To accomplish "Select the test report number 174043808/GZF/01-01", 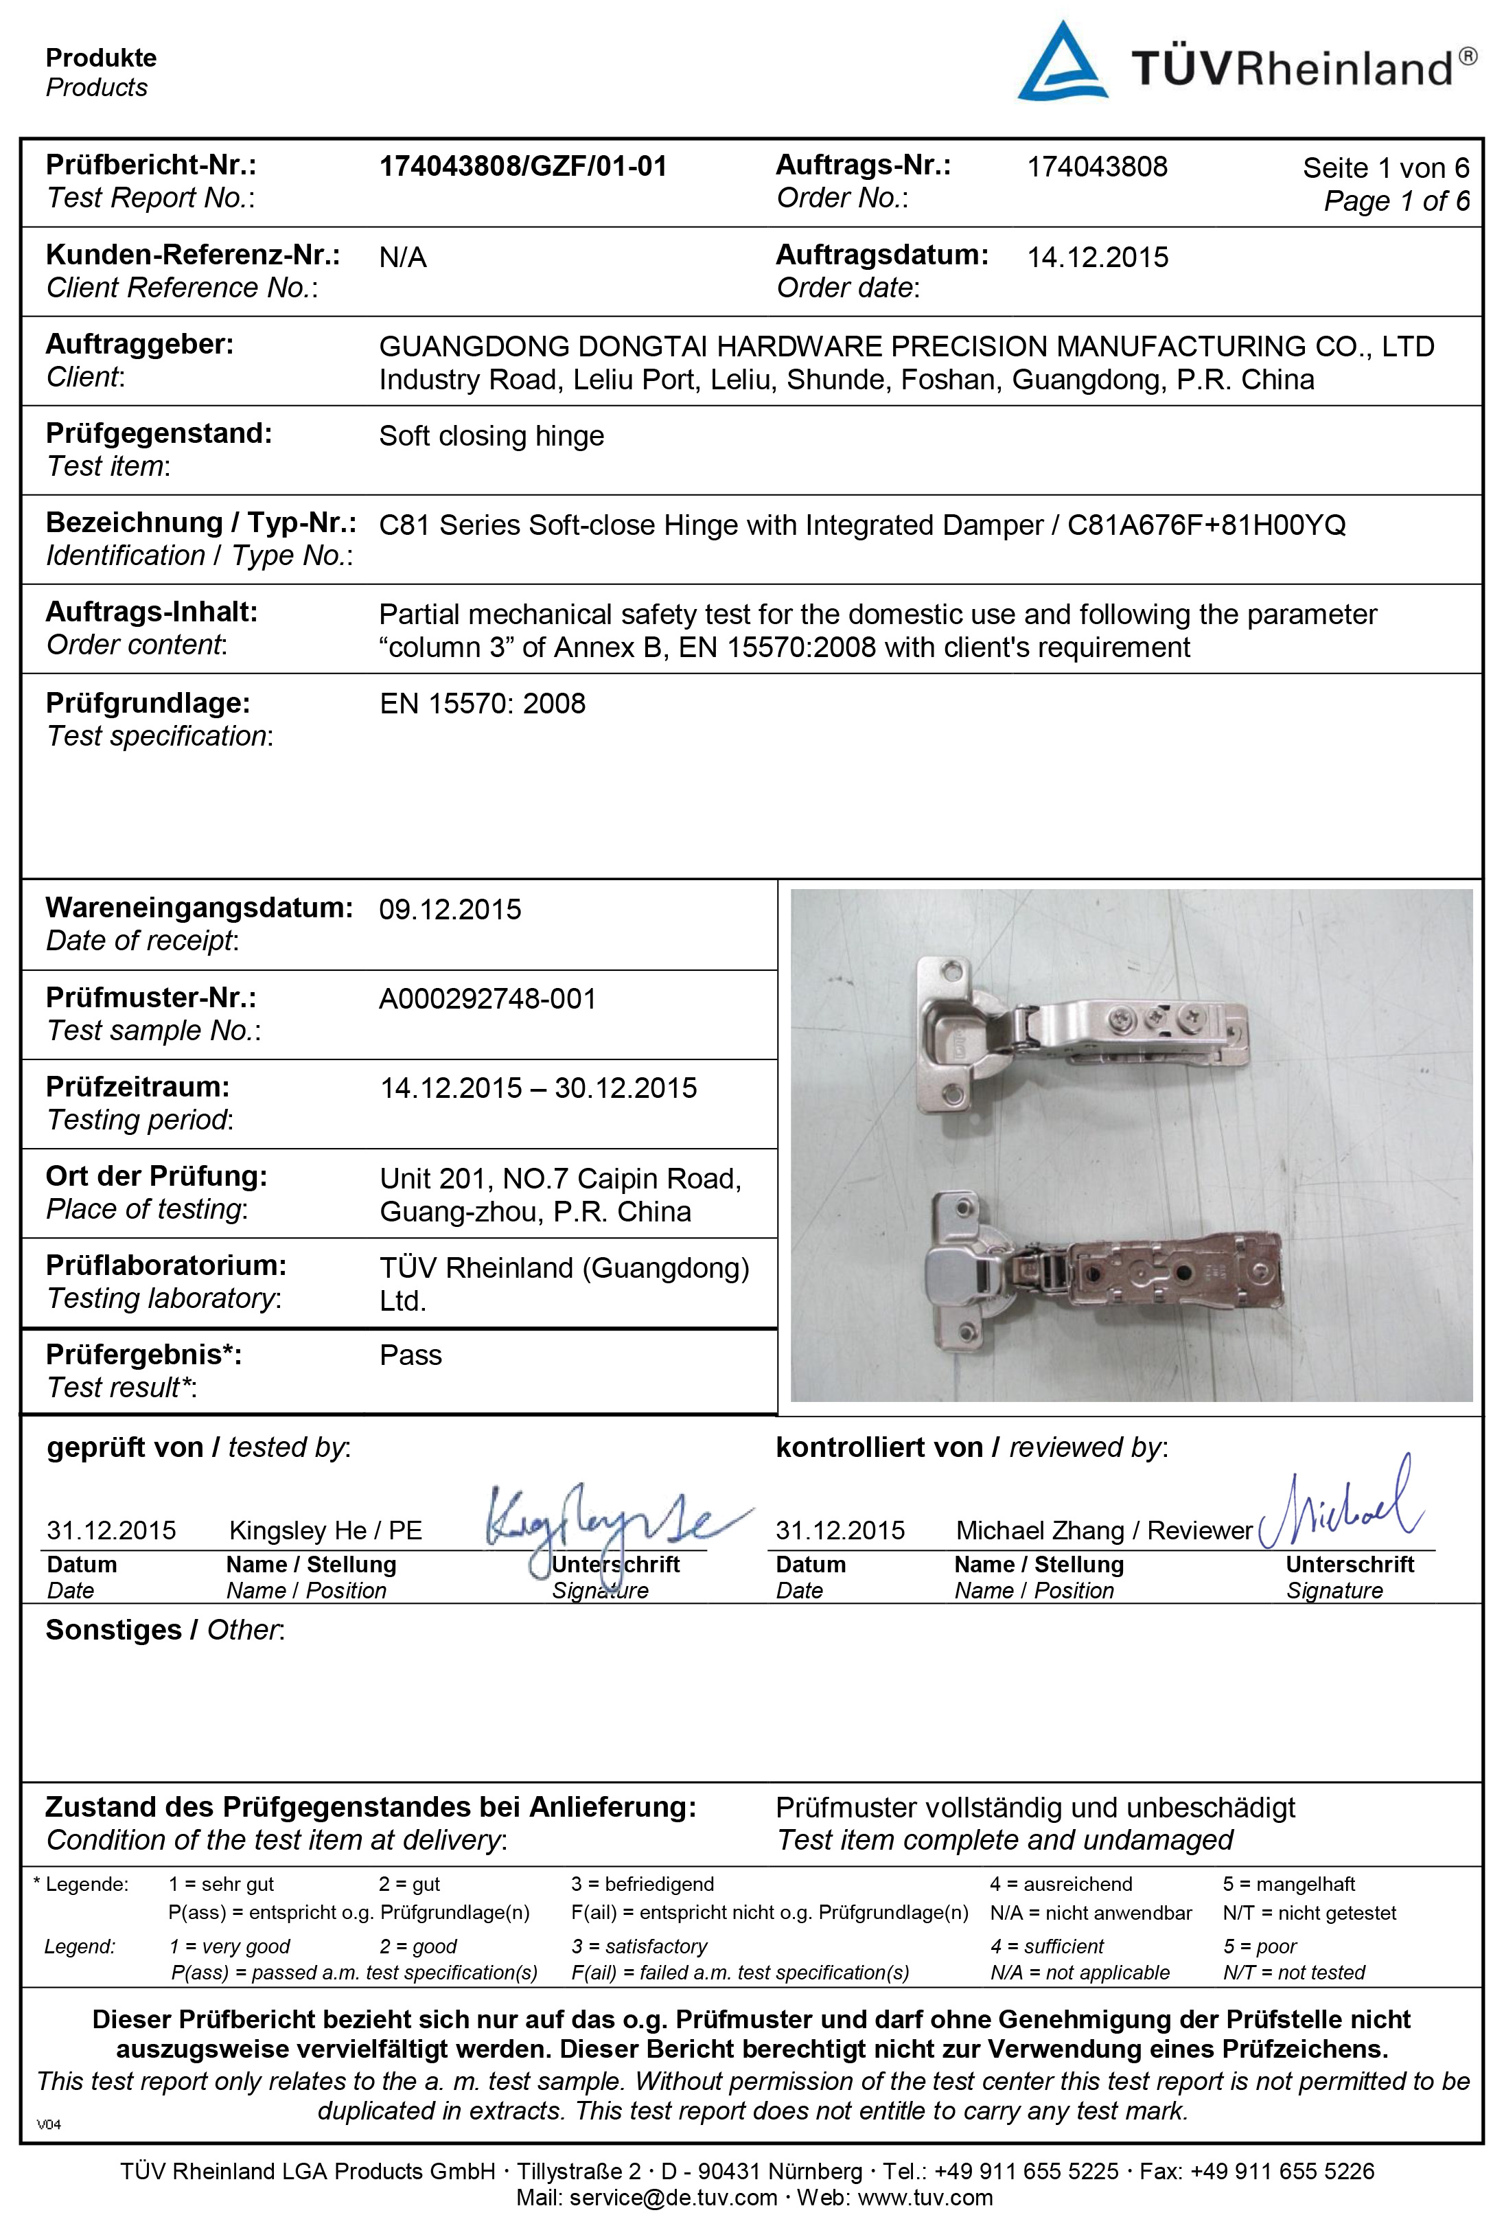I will tap(522, 167).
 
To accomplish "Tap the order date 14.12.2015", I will tap(1097, 257).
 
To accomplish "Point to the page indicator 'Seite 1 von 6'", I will tap(1385, 169).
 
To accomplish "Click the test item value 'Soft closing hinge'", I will tap(491, 436).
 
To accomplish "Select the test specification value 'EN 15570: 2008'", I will tap(482, 704).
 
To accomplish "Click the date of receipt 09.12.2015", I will tap(450, 909).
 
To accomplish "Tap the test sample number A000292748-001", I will tap(487, 999).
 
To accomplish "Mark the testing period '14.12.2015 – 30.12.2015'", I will tap(538, 1088).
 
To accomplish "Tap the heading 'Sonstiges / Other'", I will tap(165, 1631).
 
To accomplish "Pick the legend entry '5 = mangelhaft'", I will tap(1288, 1884).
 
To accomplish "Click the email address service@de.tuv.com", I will tap(673, 2198).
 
